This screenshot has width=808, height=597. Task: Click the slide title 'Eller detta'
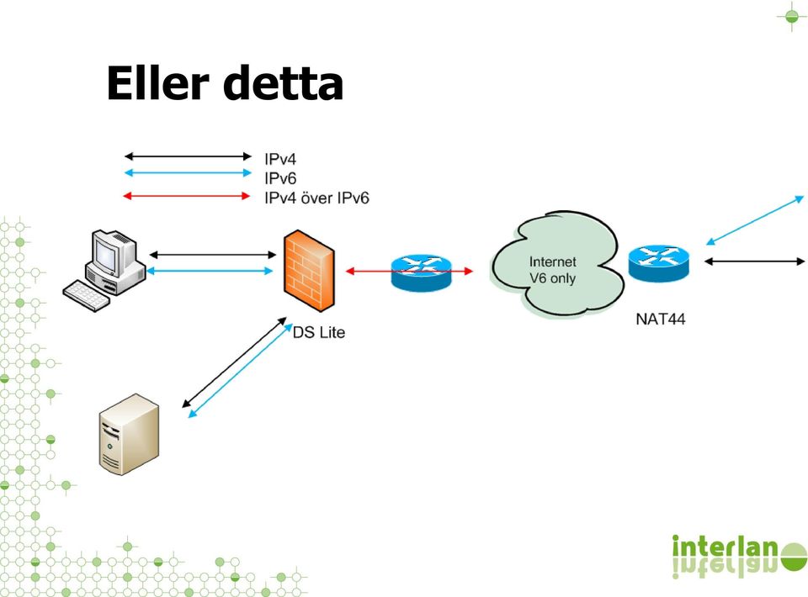pos(225,83)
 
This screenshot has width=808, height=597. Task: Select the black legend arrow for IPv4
pos(188,156)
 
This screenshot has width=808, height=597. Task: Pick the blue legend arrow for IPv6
pos(188,173)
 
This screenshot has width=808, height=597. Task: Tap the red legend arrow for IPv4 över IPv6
pos(187,196)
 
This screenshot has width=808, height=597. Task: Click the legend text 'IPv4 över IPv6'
pos(316,198)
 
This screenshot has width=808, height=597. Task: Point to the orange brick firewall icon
pos(309,272)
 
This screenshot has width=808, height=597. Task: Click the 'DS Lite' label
pos(318,332)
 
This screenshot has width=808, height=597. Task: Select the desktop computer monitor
pos(112,256)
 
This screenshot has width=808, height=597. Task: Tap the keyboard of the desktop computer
pos(86,295)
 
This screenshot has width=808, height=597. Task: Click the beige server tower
pos(129,434)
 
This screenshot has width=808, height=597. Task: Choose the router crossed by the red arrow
pos(421,272)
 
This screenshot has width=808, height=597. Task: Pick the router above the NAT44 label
pos(658,263)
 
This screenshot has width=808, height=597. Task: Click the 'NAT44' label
pos(660,319)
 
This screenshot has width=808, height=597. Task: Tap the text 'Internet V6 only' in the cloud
pos(552,270)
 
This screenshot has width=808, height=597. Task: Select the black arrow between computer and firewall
pos(212,254)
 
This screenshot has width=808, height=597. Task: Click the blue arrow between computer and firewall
pos(210,271)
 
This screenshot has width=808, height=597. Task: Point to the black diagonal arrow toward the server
pos(234,362)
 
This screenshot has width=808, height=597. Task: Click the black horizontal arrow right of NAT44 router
pos(754,262)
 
